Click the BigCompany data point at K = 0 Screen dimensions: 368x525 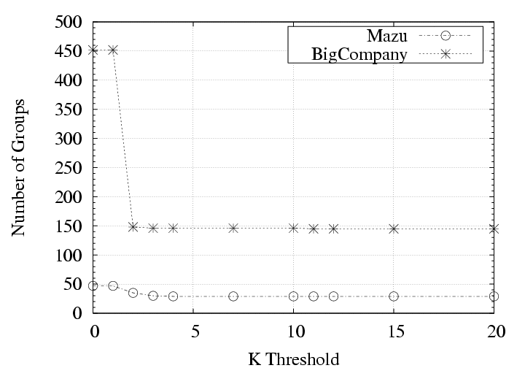(x=93, y=50)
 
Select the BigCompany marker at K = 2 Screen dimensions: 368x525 (x=133, y=227)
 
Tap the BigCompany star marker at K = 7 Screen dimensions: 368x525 (x=233, y=228)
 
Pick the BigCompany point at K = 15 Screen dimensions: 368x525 (x=394, y=229)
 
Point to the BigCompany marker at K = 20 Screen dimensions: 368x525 (x=494, y=229)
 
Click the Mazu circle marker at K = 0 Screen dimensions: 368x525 (x=93, y=285)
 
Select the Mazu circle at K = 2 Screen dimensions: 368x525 (x=133, y=293)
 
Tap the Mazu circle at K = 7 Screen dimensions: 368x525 (x=233, y=296)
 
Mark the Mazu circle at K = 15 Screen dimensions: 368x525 (x=394, y=296)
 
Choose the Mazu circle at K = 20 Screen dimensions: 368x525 (x=494, y=296)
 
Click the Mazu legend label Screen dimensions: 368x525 (x=386, y=35)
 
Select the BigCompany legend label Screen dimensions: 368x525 (x=358, y=53)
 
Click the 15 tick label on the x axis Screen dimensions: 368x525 (x=394, y=331)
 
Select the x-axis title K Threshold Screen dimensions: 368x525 (x=293, y=358)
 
